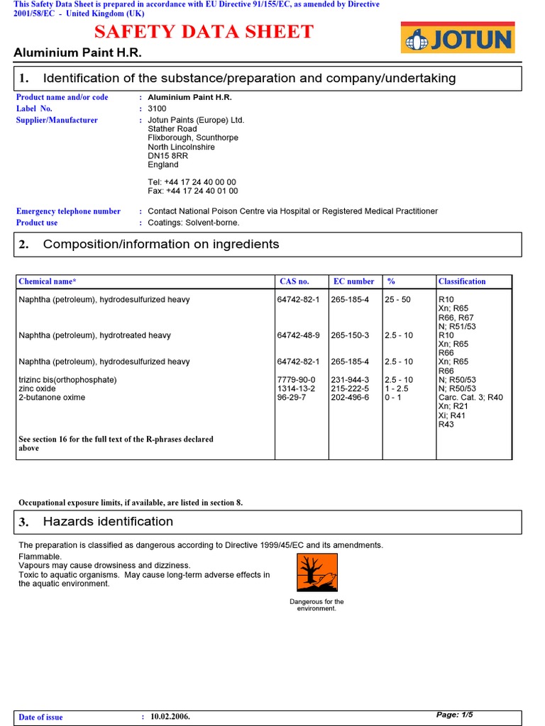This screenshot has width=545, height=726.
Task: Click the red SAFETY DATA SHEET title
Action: pyautogui.click(x=204, y=32)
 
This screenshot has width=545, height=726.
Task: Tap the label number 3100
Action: pyautogui.click(x=157, y=108)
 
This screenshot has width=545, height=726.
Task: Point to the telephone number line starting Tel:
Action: pyautogui.click(x=192, y=182)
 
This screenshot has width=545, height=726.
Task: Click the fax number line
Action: pyautogui.click(x=193, y=191)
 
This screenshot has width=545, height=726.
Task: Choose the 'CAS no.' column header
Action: pyautogui.click(x=294, y=281)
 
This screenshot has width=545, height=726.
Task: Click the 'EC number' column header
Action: pyautogui.click(x=353, y=281)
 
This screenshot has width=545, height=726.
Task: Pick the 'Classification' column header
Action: pyautogui.click(x=462, y=281)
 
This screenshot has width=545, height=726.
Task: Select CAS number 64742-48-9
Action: pyautogui.click(x=298, y=335)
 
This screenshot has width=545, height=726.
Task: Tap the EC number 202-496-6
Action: pyautogui.click(x=350, y=398)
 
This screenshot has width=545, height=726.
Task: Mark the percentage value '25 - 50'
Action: pyautogui.click(x=397, y=300)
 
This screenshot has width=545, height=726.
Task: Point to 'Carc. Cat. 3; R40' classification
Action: pyautogui.click(x=470, y=398)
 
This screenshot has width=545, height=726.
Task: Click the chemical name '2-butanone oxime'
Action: pyautogui.click(x=52, y=398)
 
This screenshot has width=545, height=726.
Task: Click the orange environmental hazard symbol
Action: pyautogui.click(x=316, y=573)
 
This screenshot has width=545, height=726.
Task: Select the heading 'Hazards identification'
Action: pyautogui.click(x=108, y=522)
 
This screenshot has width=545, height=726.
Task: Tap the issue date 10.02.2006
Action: pyautogui.click(x=170, y=717)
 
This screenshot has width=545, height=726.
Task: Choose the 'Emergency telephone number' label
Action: pyautogui.click(x=68, y=211)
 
